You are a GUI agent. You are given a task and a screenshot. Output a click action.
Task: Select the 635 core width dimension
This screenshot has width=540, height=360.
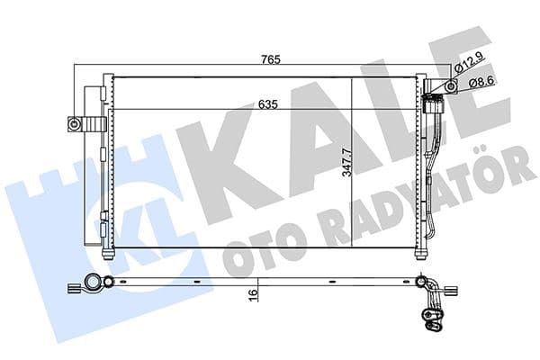click(x=266, y=104)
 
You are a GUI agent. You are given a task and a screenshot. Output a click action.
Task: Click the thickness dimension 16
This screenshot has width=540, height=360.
click(x=255, y=292)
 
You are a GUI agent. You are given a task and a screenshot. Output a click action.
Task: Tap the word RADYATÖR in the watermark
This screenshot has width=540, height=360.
click(x=405, y=207)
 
